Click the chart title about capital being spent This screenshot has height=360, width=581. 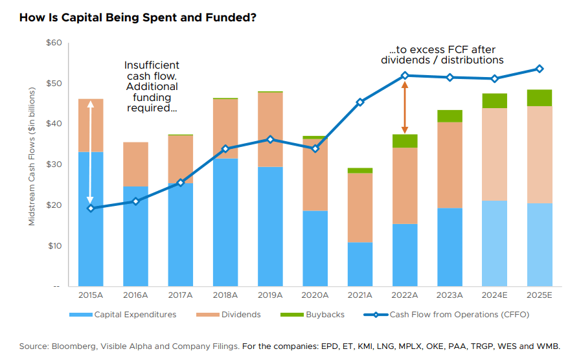click(x=137, y=17)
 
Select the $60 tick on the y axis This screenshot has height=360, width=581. click(x=53, y=43)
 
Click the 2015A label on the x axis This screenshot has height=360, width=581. click(x=90, y=295)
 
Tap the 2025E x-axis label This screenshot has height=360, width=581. click(x=540, y=295)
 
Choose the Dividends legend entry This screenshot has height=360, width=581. click(x=234, y=315)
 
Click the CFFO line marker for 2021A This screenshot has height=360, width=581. click(x=360, y=102)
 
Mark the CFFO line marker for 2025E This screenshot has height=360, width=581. click(x=540, y=69)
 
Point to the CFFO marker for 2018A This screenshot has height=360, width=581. click(x=225, y=149)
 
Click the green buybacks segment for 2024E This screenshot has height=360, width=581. click(x=495, y=100)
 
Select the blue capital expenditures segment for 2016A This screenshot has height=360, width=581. click(x=135, y=236)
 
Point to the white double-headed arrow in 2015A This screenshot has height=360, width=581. click(x=90, y=153)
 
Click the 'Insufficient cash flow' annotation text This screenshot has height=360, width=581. click(x=152, y=87)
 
